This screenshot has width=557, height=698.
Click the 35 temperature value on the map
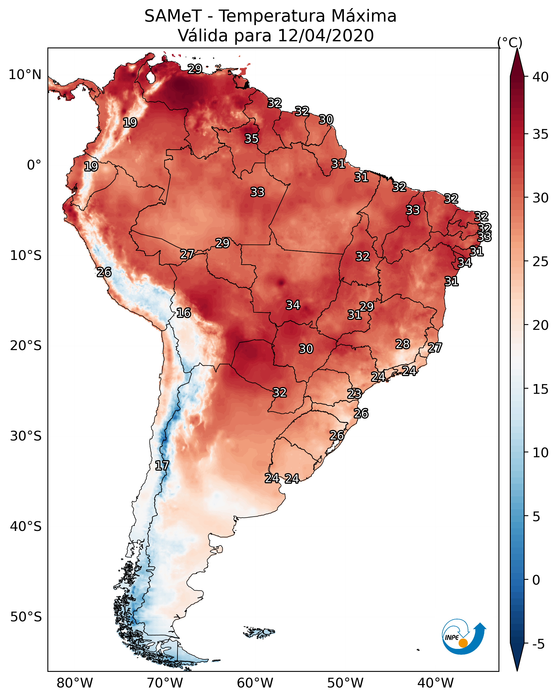(251, 138)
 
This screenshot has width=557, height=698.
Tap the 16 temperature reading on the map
(183, 313)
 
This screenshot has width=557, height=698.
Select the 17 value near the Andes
(162, 466)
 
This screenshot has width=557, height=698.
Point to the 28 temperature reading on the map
(403, 344)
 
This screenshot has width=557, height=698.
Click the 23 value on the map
(354, 394)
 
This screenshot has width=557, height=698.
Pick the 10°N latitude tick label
(25, 75)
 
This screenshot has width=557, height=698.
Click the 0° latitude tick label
(34, 165)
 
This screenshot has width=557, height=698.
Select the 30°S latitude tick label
(26, 436)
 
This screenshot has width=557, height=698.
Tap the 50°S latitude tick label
(26, 617)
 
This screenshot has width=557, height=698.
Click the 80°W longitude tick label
(75, 683)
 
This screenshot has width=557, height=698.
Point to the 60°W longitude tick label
(255, 683)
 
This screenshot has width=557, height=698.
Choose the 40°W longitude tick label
(435, 683)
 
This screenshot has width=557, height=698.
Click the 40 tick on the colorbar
(541, 77)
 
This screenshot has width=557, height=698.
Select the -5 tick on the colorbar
(538, 644)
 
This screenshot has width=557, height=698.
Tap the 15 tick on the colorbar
(541, 389)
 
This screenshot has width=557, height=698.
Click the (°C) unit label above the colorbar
(510, 42)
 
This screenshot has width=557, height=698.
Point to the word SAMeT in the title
(173, 16)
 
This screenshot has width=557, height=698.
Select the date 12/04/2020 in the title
(326, 36)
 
